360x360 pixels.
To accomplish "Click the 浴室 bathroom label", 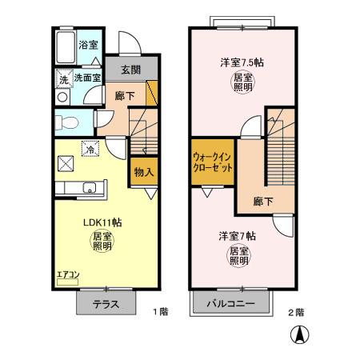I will point(88,46).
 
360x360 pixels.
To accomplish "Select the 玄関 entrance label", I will point(130,70).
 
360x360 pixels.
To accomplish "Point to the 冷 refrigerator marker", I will point(90,149).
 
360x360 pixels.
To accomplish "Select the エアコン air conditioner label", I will point(67,276).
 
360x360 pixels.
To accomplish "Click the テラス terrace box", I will point(105,304).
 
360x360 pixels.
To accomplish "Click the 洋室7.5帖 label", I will point(242,62).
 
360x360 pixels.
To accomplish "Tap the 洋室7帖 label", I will point(238,236).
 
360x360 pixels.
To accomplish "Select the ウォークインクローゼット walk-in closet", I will point(213,164).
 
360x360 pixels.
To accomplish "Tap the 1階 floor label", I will point(159,313).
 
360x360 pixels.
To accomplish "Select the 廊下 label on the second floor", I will point(262,202).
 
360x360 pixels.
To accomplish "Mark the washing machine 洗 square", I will point(62,79).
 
